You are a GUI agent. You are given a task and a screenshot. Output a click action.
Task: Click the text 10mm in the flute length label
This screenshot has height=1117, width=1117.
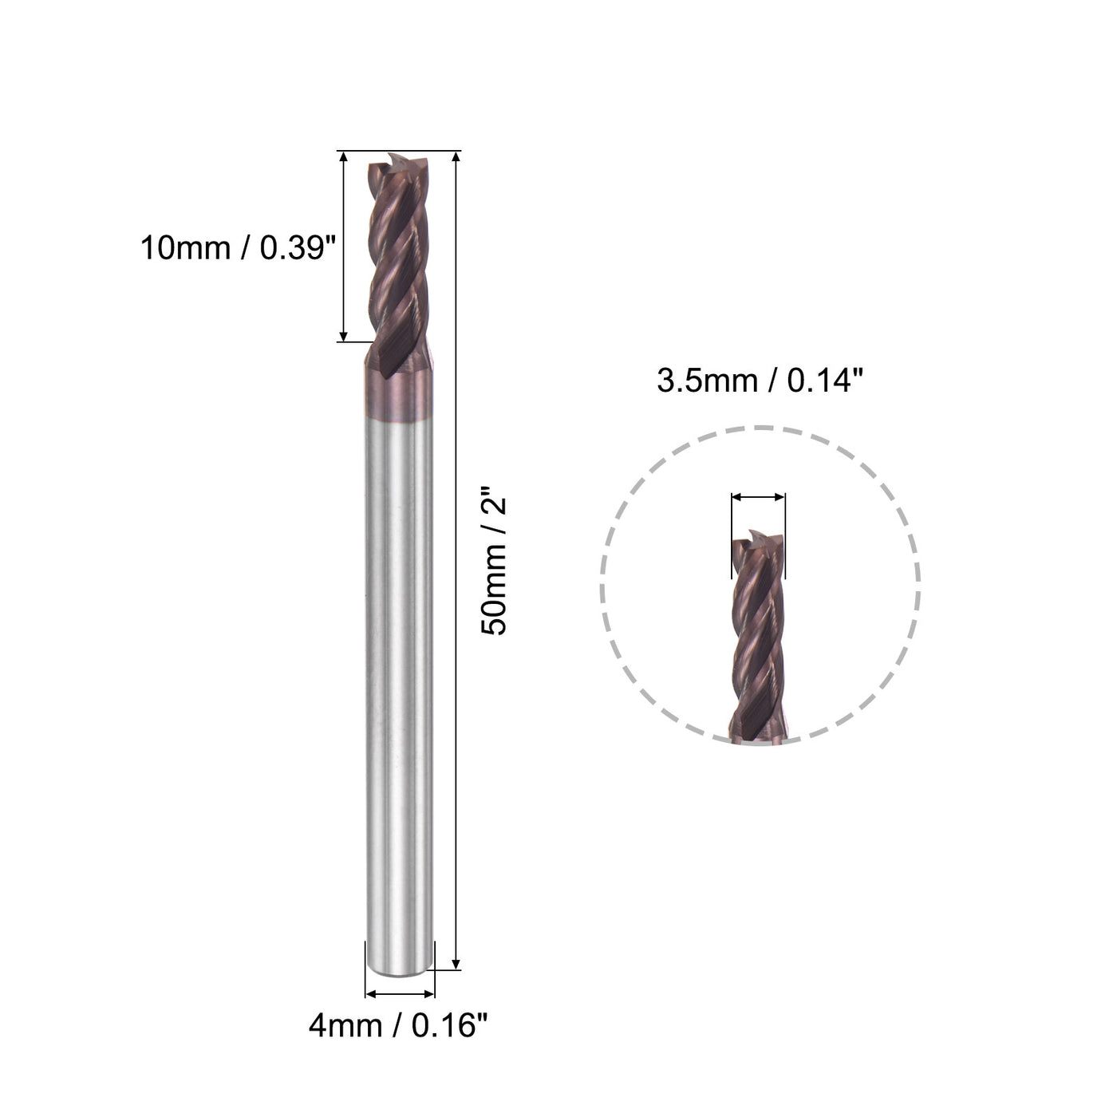click(x=184, y=248)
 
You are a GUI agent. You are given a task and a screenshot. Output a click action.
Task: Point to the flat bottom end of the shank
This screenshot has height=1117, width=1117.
click(x=400, y=968)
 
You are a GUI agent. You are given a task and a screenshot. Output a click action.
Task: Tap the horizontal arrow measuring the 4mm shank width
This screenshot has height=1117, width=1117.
click(x=400, y=994)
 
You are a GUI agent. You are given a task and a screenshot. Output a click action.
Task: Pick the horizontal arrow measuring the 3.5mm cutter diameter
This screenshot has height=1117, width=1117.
click(x=758, y=497)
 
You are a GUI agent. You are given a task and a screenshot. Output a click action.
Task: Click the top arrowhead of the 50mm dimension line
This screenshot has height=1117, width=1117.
click(x=456, y=156)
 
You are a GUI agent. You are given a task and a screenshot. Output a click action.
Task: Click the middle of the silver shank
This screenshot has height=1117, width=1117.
click(x=399, y=678)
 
